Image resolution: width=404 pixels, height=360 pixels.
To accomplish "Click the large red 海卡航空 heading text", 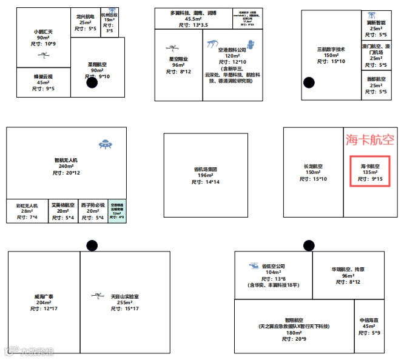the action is [370, 140].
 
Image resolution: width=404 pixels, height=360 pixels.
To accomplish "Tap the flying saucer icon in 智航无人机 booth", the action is [107, 144].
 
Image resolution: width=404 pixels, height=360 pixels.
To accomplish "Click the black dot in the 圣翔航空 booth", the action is [92, 83].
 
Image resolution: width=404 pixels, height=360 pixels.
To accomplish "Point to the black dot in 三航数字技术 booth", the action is [309, 83].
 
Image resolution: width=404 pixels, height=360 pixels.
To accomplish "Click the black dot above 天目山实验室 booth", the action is [92, 245].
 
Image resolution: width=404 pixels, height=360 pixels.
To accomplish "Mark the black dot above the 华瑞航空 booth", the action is [309, 244].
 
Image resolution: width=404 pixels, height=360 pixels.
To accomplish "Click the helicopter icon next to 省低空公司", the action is [254, 265].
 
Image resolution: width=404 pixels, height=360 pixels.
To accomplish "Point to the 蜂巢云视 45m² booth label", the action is [42, 82].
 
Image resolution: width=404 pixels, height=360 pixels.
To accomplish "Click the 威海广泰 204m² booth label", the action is [43, 302].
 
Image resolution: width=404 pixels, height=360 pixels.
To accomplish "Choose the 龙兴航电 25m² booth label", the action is [85, 22].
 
